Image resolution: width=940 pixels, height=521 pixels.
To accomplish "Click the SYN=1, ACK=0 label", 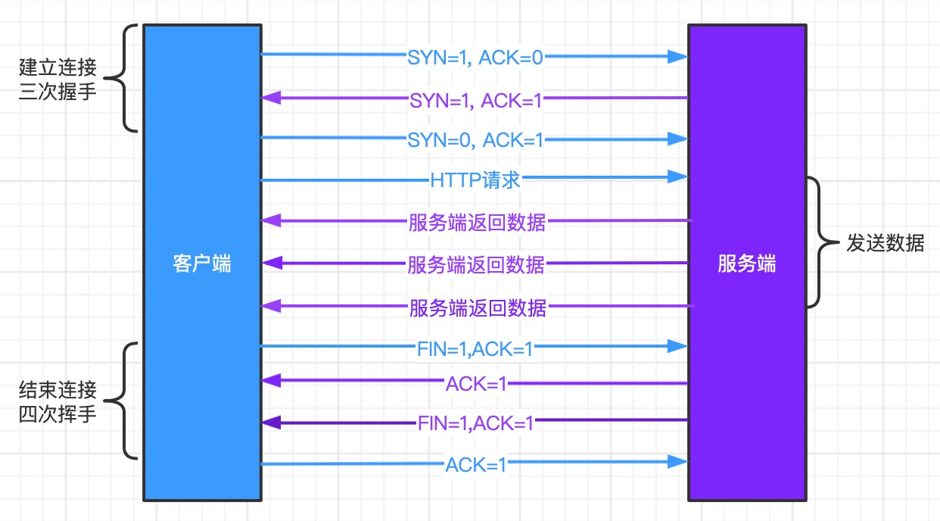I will point(475,58).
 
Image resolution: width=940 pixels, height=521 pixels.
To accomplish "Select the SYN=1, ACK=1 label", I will point(475,99).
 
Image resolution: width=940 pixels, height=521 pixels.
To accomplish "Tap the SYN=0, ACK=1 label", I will point(475,140).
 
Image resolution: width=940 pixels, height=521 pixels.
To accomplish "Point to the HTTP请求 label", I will point(475,180).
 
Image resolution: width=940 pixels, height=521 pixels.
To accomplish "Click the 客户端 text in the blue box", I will point(201,264).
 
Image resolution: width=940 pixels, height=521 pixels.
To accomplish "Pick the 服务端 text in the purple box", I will point(746,264).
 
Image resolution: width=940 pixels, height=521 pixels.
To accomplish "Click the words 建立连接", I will point(58,69).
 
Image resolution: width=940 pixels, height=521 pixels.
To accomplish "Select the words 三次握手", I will point(58,93).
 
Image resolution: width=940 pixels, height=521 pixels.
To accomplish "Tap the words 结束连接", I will point(58,391).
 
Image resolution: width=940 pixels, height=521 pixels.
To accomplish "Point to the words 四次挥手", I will point(58,415).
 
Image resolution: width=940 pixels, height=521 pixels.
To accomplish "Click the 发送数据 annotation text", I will point(885,244).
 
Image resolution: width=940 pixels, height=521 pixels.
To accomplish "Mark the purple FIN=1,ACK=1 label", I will point(475,423).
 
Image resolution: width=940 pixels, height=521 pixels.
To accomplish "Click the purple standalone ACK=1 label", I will point(475,384).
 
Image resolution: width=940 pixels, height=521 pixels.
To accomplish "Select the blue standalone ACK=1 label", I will point(475,464).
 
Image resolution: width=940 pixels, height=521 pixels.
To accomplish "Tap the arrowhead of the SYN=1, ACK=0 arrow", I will point(678,56).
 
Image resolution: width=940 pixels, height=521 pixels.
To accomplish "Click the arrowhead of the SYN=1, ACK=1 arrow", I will point(270,98).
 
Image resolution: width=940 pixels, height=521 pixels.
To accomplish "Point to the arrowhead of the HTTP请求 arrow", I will point(678,177).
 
